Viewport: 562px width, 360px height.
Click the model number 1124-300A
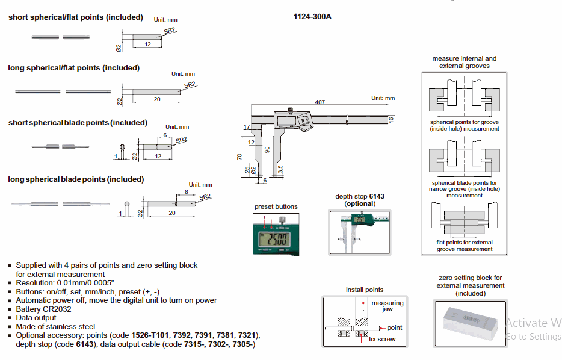click(312, 17)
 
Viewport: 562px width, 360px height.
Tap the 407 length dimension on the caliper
click(320, 102)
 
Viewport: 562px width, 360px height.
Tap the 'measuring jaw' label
click(388, 306)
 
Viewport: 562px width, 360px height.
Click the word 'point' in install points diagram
click(394, 327)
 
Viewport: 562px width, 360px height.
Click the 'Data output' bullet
click(36, 317)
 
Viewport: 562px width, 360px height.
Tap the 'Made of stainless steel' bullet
click(55, 326)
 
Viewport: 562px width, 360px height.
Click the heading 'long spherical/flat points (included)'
click(74, 68)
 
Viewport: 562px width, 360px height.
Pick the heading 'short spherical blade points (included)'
click(78, 123)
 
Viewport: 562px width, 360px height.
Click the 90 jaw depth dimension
click(267, 149)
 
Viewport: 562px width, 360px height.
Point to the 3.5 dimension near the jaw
click(280, 168)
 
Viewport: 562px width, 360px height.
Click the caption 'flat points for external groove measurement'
click(465, 246)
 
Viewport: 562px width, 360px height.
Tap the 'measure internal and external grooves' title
click(465, 62)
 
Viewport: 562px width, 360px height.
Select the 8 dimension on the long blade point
click(186, 191)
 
